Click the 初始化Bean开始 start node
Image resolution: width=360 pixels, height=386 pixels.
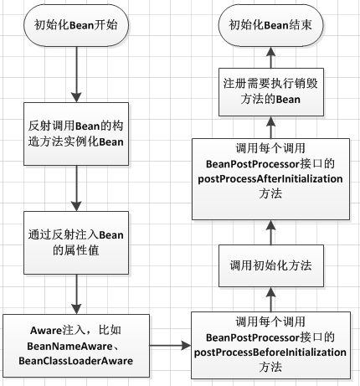(x=75, y=26)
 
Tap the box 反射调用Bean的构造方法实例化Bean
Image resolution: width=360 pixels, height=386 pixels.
(x=75, y=133)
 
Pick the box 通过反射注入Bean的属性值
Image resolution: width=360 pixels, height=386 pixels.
(x=75, y=242)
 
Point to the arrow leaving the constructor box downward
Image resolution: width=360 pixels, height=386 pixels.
(x=75, y=188)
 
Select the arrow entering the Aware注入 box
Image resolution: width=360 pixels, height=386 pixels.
(x=75, y=294)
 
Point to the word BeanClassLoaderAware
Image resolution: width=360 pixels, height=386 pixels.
(x=75, y=360)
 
